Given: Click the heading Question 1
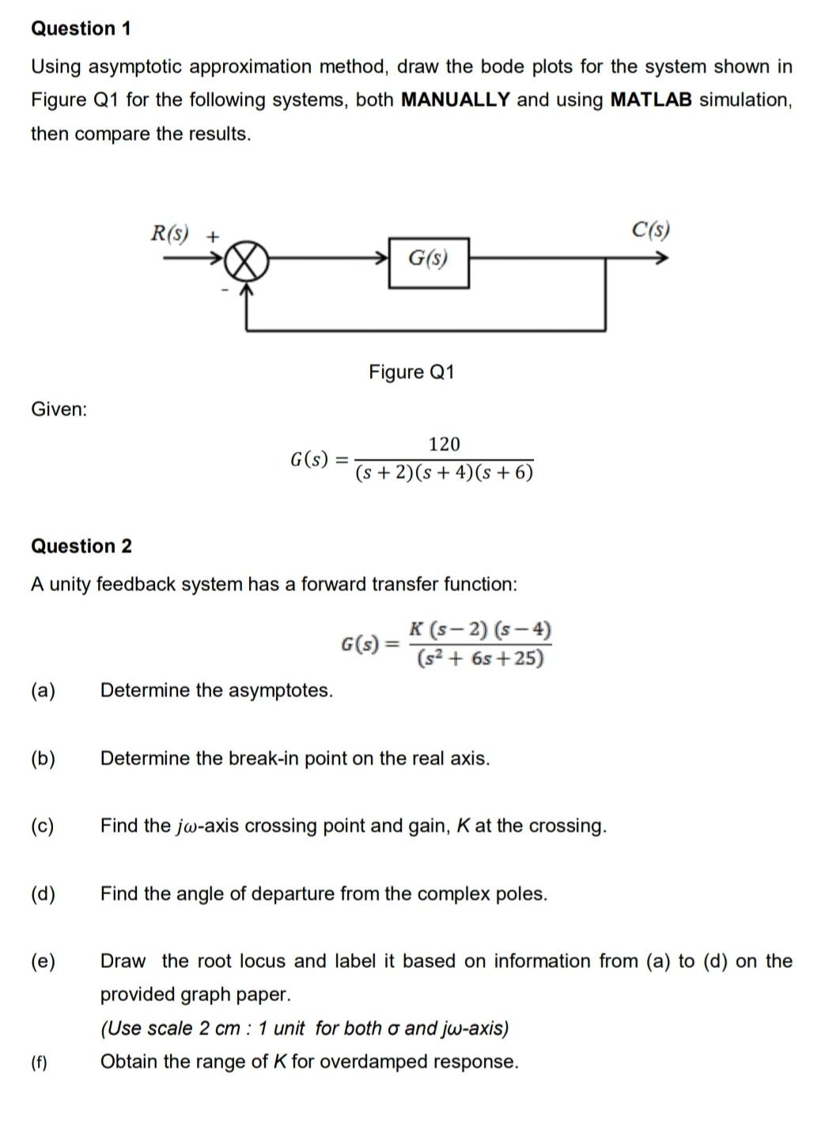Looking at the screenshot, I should point(81,28).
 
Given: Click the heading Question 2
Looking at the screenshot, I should point(81,546).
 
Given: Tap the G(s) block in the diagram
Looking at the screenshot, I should point(428,259).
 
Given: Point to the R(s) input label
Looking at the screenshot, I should point(170,233).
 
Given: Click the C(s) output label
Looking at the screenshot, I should point(650,230).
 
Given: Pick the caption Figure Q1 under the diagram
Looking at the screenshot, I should point(411,372).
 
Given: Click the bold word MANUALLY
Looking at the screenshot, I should point(456,100).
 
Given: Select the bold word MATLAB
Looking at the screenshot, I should point(651,100).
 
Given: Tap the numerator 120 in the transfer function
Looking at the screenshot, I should point(444,444).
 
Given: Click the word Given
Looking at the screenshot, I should point(59,409).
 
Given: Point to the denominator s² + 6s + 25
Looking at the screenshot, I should point(480,658).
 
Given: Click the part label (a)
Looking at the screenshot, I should point(43,690).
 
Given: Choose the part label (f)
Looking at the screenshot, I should point(39,1062).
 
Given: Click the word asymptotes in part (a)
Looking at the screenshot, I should point(281,690).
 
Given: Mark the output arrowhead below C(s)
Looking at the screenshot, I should point(663,258).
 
